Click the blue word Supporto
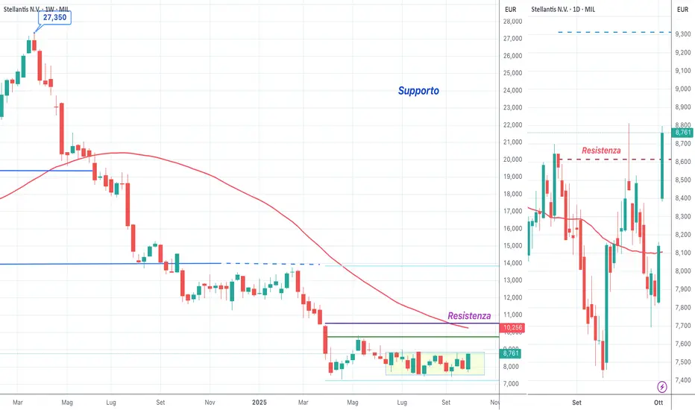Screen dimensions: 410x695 click(x=418, y=91)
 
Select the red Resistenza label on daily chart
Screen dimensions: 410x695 click(x=600, y=151)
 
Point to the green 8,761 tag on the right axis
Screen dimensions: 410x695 click(x=683, y=132)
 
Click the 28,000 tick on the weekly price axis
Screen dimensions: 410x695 click(x=511, y=22)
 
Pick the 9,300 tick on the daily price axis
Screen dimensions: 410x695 click(x=683, y=34)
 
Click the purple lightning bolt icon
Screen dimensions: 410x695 click(x=663, y=386)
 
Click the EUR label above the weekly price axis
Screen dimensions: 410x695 click(x=511, y=9)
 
